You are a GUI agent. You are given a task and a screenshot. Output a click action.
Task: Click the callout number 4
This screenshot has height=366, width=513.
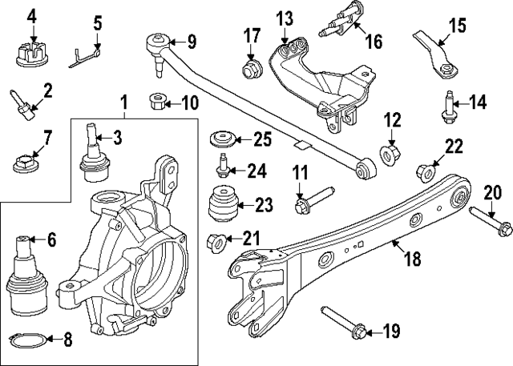[32, 14]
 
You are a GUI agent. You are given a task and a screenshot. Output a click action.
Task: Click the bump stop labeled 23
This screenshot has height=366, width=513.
[223, 205]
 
